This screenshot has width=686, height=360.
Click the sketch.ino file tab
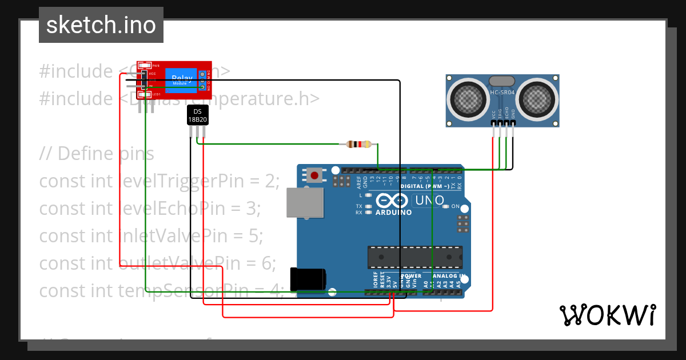click(x=101, y=25)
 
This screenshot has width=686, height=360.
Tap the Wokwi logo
click(x=607, y=315)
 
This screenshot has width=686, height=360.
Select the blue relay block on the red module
click(x=181, y=80)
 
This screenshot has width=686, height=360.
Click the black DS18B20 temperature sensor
click(x=197, y=115)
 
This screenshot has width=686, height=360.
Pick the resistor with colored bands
click(x=359, y=144)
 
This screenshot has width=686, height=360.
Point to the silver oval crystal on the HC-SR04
click(x=502, y=82)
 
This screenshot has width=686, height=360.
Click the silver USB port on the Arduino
click(x=305, y=202)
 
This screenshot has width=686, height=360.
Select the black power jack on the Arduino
click(x=307, y=279)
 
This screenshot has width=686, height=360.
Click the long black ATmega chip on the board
click(x=414, y=257)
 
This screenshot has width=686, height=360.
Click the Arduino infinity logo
click(x=393, y=201)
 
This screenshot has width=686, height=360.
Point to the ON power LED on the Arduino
click(x=448, y=206)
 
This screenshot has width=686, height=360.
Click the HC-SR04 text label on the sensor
click(x=502, y=91)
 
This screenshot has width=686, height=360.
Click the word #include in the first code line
click(x=76, y=71)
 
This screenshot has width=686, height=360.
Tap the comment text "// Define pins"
click(x=97, y=154)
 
